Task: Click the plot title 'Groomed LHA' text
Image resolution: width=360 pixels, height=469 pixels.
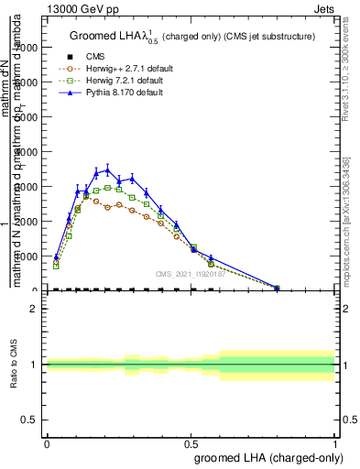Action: point(109,37)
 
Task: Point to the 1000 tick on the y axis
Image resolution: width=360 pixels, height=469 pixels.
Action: point(30,256)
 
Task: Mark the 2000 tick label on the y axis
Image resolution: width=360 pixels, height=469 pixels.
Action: point(30,222)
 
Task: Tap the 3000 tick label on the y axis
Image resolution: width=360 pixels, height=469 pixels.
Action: point(30,187)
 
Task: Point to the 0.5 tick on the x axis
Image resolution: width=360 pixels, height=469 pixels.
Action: point(191,443)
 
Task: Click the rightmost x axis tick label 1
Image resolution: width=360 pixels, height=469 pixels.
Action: point(334,443)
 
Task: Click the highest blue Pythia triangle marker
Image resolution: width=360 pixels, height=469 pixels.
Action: point(107,169)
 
